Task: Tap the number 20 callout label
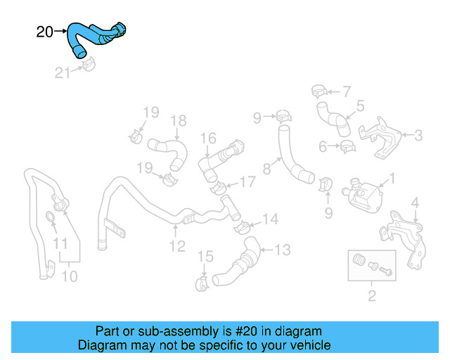[44, 32]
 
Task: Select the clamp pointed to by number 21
[88, 66]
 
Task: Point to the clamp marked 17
[219, 187]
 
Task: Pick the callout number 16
[208, 138]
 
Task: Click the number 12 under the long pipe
[176, 246]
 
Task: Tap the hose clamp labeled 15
[201, 283]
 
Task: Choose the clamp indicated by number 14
[241, 226]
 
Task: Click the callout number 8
[267, 169]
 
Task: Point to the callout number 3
[418, 135]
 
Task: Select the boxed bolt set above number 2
[371, 266]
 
